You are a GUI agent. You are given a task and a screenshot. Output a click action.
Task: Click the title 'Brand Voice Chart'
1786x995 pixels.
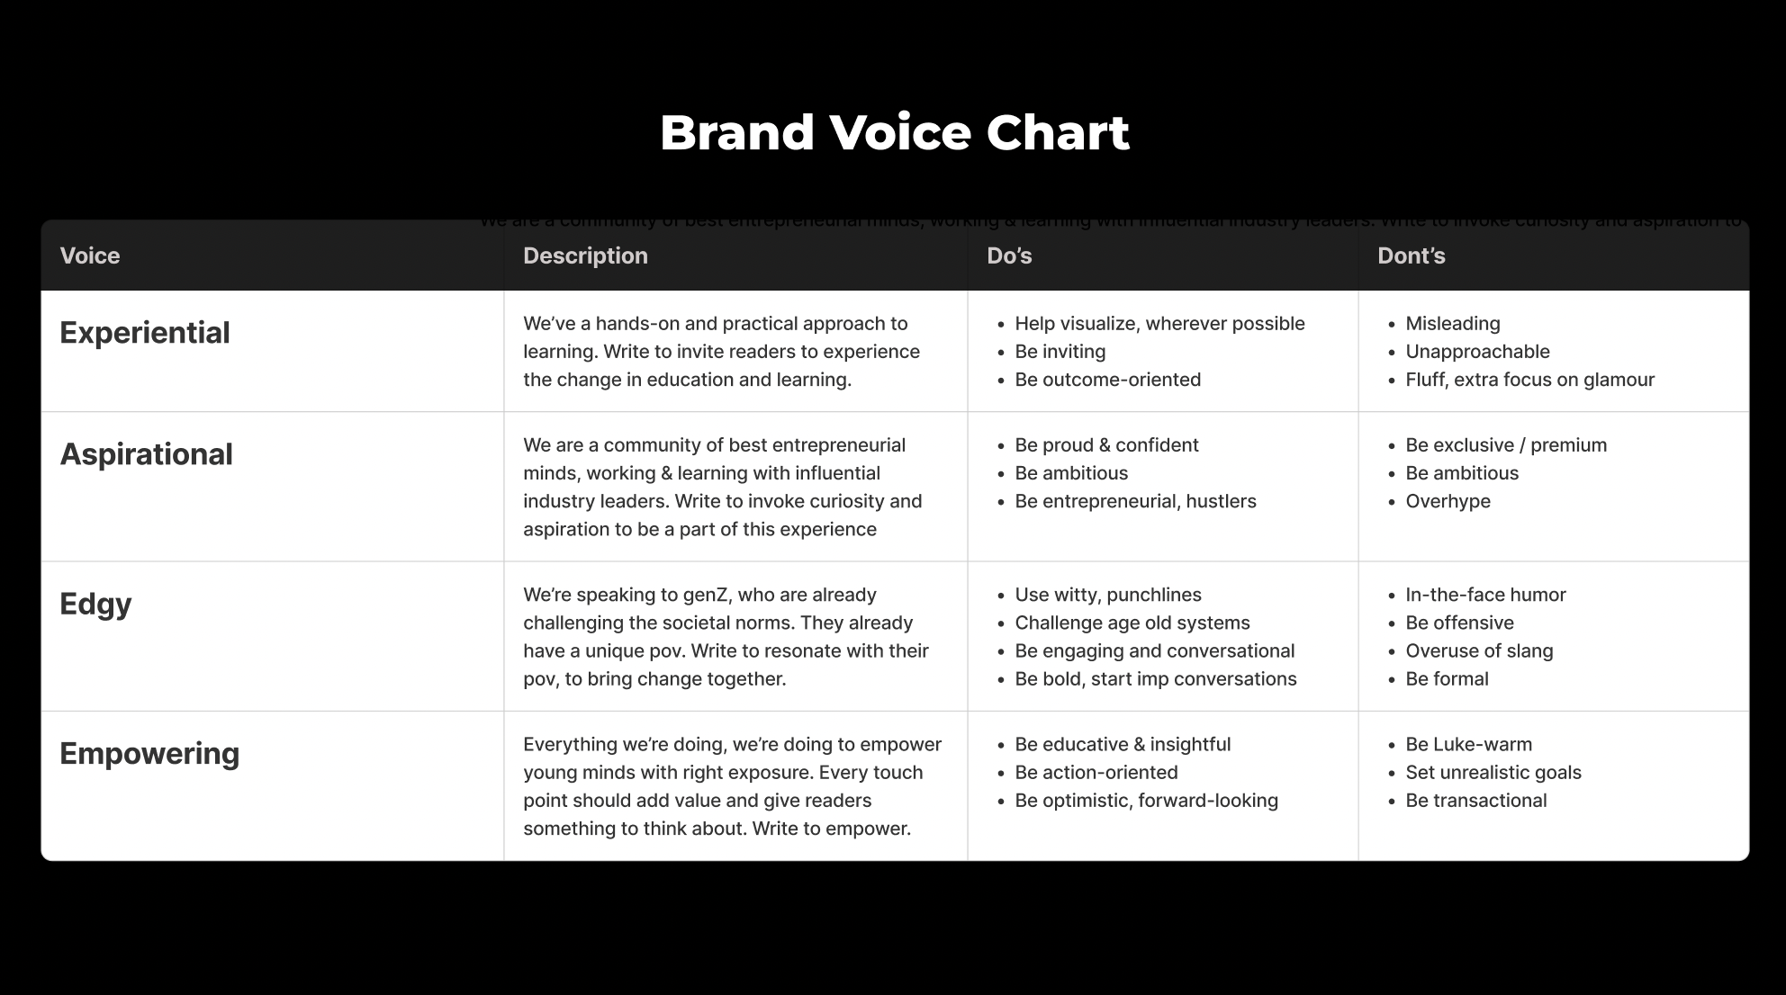(x=894, y=133)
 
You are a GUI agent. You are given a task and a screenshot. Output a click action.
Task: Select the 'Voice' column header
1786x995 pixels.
(x=90, y=256)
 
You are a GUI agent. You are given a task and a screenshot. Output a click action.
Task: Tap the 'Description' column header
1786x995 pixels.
(x=585, y=256)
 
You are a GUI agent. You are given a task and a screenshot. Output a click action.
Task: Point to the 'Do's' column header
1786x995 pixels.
(x=1009, y=256)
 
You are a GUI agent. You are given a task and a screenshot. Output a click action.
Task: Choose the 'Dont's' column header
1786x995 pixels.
(x=1411, y=256)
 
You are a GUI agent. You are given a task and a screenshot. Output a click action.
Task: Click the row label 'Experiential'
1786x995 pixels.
(x=145, y=333)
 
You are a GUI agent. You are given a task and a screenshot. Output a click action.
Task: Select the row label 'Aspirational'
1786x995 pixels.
(x=146, y=454)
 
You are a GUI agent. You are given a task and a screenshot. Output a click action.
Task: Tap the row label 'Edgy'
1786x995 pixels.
(x=95, y=604)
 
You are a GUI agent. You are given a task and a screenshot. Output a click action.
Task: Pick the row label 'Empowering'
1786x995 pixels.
(x=149, y=754)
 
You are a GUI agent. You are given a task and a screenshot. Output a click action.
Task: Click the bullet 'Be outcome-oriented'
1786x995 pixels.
(x=1107, y=380)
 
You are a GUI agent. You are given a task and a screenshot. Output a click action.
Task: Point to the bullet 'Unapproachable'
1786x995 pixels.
(x=1477, y=352)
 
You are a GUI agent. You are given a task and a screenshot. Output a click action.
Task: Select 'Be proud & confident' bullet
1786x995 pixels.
(x=1106, y=445)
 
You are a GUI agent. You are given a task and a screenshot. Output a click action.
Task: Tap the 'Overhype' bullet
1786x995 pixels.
(x=1448, y=501)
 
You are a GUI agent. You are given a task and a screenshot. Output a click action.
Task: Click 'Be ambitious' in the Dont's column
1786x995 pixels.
(x=1462, y=473)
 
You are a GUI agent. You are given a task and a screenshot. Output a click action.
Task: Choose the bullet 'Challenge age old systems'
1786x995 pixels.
(x=1132, y=623)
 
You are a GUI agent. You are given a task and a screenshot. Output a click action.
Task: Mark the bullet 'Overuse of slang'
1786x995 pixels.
(x=1479, y=650)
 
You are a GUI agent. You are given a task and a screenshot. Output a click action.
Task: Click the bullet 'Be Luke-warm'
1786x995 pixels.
(x=1468, y=745)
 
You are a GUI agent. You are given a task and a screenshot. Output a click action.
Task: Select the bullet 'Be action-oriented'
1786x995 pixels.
(x=1096, y=773)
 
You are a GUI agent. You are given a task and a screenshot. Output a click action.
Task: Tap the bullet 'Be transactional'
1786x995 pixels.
(x=1475, y=801)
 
